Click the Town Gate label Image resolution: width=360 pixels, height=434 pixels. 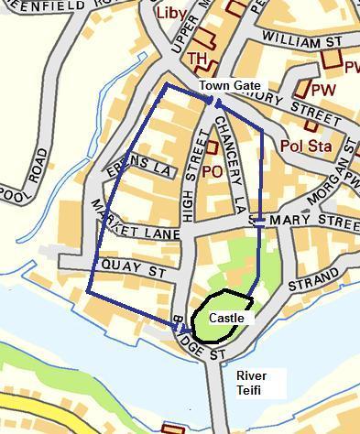[x=230, y=85]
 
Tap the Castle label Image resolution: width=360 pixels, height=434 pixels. [x=227, y=318]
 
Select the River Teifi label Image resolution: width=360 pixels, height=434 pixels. [x=252, y=383]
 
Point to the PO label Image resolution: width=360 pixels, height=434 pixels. [x=213, y=170]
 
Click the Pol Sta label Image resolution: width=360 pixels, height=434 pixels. [x=304, y=145]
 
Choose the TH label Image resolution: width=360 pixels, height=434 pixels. [x=197, y=59]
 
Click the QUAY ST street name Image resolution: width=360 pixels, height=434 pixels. [x=135, y=272]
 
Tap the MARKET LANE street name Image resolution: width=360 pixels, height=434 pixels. [x=124, y=233]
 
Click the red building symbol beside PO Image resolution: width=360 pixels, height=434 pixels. [x=212, y=146]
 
